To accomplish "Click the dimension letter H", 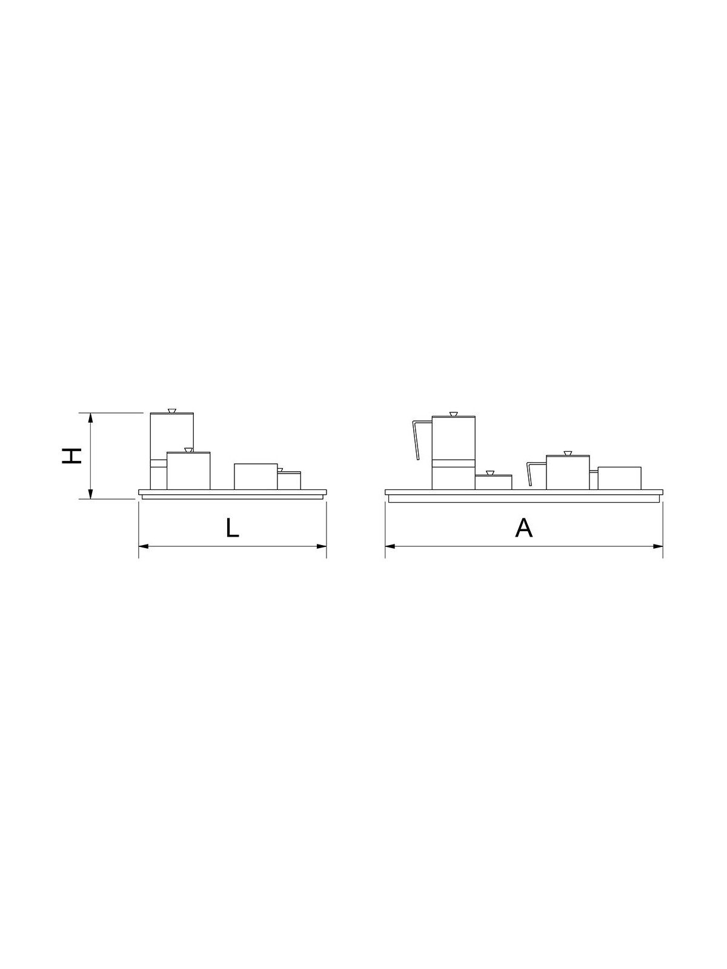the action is click(71, 455).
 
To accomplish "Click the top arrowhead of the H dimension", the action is click(90, 418).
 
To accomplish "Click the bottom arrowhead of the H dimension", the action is click(90, 494).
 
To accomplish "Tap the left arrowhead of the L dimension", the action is click(144, 546).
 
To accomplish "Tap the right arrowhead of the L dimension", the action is click(322, 546).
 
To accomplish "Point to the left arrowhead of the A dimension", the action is click(390, 546).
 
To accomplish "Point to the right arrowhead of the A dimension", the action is click(658, 546).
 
